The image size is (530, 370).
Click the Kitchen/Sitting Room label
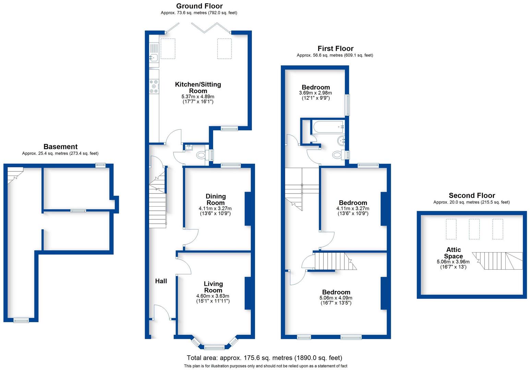[198, 87]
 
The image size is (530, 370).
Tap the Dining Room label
[215, 199]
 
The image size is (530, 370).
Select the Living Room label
[213, 287]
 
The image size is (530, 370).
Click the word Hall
[161, 281]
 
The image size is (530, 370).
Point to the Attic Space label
[453, 253]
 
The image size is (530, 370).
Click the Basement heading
[60, 147]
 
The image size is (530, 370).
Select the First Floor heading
[335, 48]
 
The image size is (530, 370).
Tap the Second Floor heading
[472, 195]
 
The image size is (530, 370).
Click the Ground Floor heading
[199, 6]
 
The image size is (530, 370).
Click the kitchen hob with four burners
[154, 86]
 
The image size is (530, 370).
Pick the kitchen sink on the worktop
[153, 58]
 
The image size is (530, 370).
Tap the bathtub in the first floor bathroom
[327, 127]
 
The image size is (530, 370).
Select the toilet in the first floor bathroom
[338, 155]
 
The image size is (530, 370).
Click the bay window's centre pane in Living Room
[214, 347]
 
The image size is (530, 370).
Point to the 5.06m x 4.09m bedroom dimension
[336, 298]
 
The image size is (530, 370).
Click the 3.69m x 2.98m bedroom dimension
[315, 93]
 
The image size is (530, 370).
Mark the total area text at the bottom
[264, 358]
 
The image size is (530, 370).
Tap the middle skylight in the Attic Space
[474, 229]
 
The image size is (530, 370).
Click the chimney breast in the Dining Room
[248, 209]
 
